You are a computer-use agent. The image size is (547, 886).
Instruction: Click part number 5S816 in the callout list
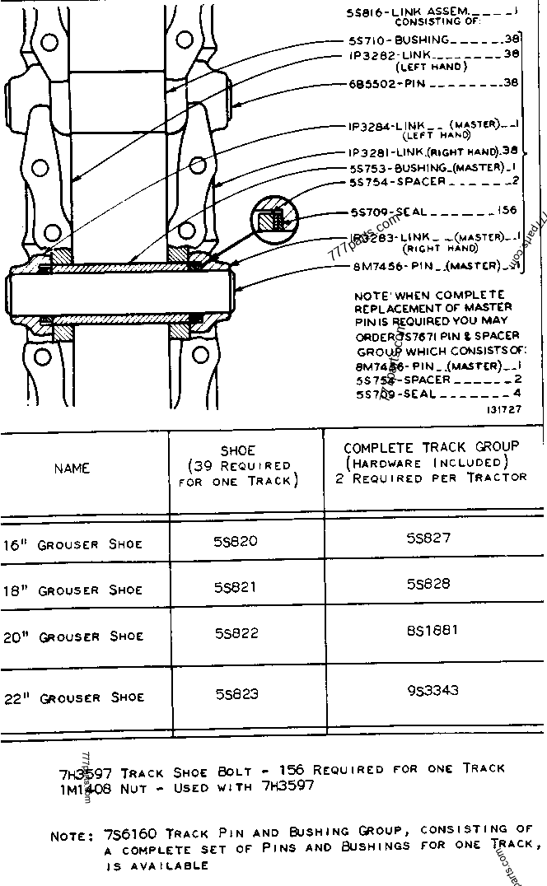click(365, 12)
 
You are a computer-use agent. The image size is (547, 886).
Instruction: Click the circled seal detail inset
click(270, 218)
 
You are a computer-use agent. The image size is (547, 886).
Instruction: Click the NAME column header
click(72, 469)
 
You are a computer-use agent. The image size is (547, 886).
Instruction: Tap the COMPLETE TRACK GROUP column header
click(431, 447)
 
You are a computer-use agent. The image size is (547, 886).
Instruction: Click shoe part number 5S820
click(236, 541)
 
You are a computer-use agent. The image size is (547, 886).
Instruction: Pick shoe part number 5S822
click(236, 633)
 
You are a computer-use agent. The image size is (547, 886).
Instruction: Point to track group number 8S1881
click(432, 631)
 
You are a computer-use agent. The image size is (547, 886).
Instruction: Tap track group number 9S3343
click(432, 690)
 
